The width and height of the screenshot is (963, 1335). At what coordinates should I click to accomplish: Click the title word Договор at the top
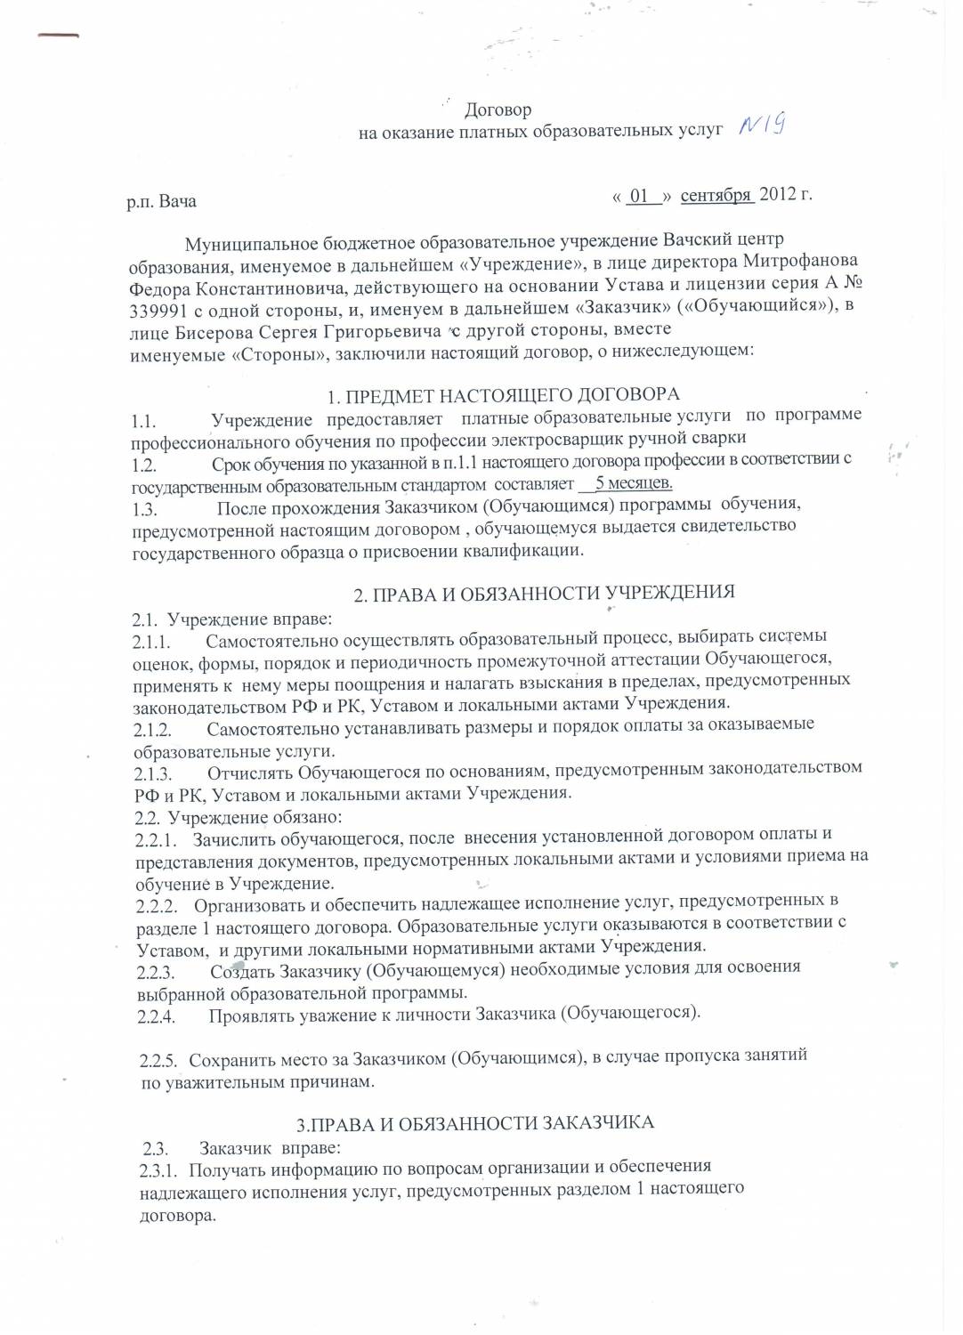click(x=498, y=110)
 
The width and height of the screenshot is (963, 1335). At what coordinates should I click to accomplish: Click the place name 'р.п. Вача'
click(x=161, y=201)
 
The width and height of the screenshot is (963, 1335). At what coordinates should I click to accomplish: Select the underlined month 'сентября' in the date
click(x=716, y=195)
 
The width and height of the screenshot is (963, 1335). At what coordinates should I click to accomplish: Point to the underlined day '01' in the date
click(x=639, y=196)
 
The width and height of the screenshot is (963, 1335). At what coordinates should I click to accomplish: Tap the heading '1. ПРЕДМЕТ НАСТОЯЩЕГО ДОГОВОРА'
click(x=504, y=395)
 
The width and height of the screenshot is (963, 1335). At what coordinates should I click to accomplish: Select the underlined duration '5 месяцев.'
click(x=633, y=483)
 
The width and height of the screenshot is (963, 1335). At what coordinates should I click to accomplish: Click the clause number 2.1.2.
click(x=152, y=731)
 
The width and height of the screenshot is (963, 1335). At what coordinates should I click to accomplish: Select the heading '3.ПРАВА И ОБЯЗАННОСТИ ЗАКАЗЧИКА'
click(x=475, y=1123)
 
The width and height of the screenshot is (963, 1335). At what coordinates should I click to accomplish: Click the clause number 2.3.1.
click(x=160, y=1169)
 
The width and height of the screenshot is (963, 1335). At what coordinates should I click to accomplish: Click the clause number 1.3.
click(x=144, y=509)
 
